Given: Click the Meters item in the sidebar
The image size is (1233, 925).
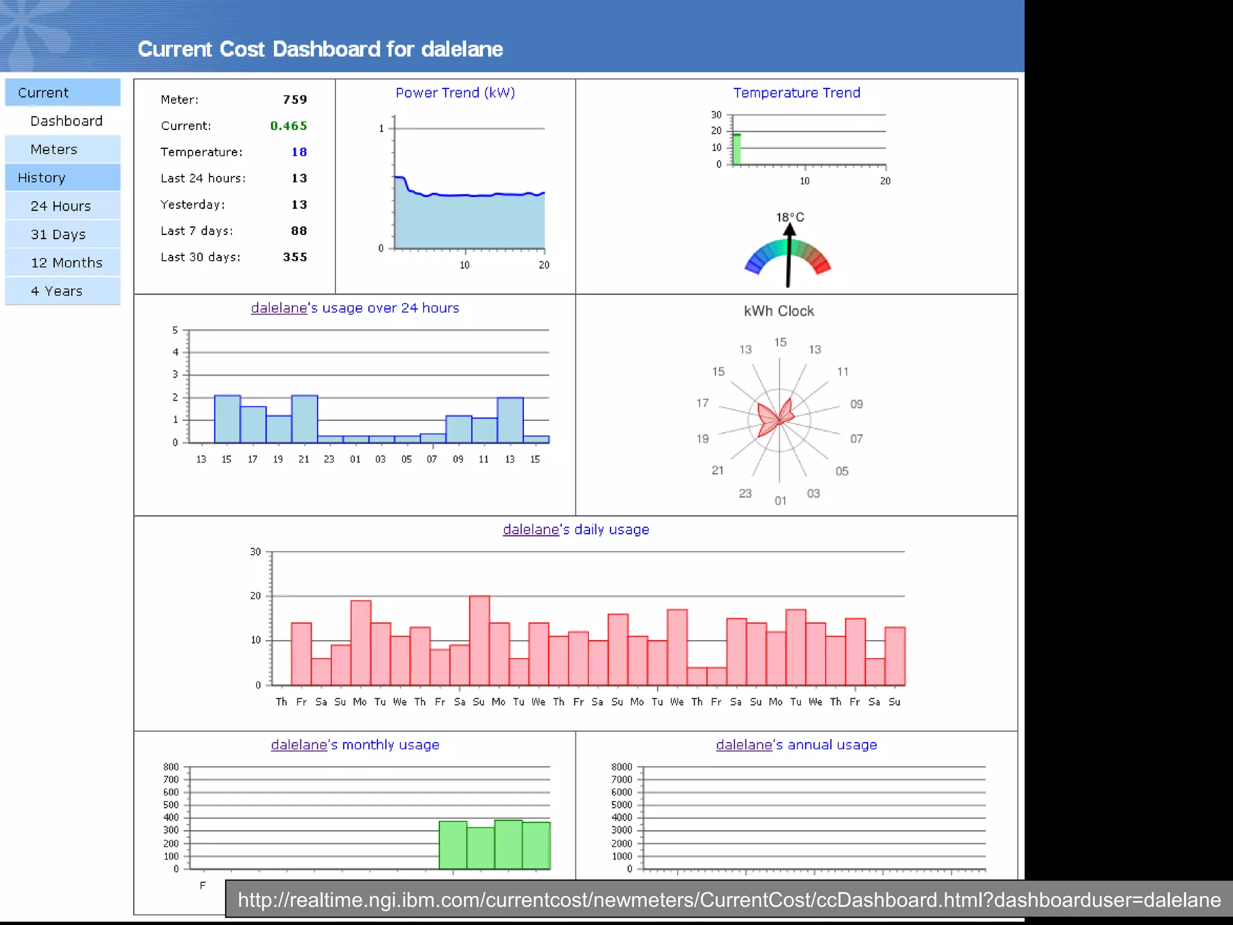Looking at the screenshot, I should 54,149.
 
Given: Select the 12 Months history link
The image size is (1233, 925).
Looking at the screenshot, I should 66,263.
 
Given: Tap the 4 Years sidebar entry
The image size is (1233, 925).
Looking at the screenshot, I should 57,291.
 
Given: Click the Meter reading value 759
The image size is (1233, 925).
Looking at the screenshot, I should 295,99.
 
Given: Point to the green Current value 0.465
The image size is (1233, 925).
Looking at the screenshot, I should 288,126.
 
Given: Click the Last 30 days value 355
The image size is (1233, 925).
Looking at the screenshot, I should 295,257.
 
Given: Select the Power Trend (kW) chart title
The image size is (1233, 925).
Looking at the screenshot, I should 455,93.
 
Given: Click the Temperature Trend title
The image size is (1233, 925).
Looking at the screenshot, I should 796,93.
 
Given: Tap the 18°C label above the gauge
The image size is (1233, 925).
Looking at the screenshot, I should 789,217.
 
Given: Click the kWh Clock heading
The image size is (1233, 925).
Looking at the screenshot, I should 778,311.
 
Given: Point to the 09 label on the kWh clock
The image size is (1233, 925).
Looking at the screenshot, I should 856,404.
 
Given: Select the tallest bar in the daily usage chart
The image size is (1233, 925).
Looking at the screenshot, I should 479,640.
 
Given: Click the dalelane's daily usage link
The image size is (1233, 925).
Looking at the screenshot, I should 576,529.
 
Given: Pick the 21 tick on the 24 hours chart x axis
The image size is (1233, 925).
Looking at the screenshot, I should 303,459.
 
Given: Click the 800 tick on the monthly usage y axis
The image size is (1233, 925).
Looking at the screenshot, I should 171,767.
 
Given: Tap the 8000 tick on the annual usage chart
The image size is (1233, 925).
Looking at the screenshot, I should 621,767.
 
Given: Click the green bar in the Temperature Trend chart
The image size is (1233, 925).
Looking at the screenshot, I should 736,149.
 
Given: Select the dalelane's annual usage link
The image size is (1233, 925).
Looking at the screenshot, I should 796,744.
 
